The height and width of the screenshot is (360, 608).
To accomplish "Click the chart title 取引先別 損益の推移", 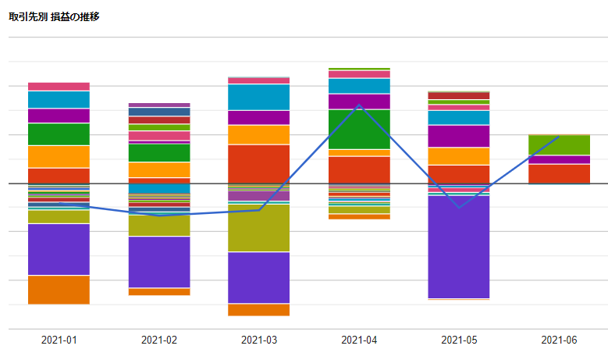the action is (x=54, y=16).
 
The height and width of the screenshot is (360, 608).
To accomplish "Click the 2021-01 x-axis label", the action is (x=59, y=340).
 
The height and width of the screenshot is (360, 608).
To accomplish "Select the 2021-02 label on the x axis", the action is (x=159, y=340).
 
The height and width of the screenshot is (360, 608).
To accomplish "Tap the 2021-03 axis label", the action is (x=259, y=340).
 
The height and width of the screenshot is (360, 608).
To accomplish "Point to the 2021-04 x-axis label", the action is (x=359, y=340).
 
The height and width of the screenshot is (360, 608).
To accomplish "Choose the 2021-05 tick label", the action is (x=459, y=340).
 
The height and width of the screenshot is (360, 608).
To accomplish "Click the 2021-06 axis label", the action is (x=559, y=340).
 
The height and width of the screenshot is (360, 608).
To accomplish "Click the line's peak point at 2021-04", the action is (x=360, y=105).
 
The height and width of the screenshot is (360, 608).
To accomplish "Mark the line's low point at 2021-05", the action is (x=459, y=208).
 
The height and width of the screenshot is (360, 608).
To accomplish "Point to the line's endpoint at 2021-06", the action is (x=558, y=137).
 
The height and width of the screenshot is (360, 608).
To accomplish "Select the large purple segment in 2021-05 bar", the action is (x=459, y=247).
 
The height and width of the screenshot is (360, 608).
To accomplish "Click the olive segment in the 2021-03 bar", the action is (x=258, y=228).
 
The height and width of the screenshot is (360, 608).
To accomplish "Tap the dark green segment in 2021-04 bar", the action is (x=359, y=130).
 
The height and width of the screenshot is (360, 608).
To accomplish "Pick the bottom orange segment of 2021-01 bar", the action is (x=59, y=290).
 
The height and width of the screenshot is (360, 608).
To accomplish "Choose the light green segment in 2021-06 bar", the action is (x=559, y=145).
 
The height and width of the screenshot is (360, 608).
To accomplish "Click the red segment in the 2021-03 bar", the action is (x=258, y=164).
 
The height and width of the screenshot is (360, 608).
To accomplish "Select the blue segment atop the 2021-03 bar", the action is (x=258, y=98).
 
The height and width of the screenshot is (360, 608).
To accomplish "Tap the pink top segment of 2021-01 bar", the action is (x=59, y=87).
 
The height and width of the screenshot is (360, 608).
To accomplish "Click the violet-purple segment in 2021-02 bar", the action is (x=159, y=262).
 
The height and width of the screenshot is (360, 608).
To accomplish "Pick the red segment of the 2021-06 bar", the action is (x=559, y=174).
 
